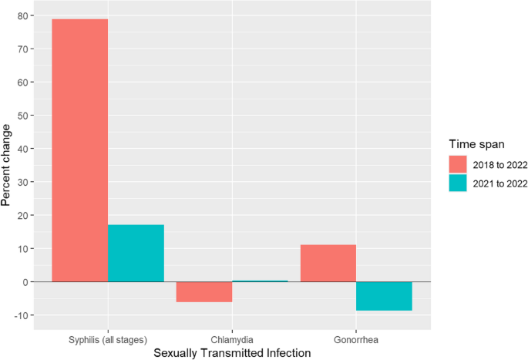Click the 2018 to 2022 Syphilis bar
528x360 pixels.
point(79,150)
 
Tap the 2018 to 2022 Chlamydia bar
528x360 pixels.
point(204,291)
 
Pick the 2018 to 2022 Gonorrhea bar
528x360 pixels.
point(328,263)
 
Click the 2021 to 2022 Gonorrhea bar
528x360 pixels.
point(384,296)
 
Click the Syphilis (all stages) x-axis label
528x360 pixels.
point(108,338)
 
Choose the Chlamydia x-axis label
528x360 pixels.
point(232,338)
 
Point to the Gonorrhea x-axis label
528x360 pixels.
point(356,338)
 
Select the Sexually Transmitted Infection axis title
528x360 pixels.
point(232,352)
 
